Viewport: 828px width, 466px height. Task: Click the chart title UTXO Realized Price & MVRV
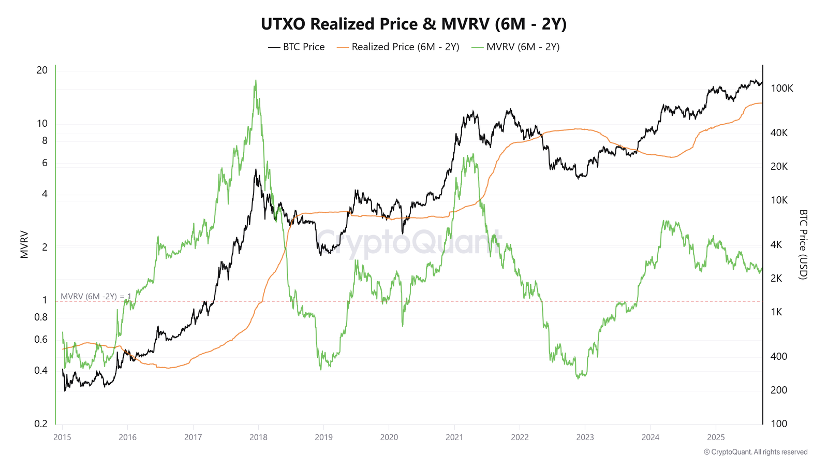coord(413,24)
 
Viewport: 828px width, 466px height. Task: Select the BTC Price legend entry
coord(297,47)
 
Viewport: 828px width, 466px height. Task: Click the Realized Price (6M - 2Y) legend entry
coord(398,47)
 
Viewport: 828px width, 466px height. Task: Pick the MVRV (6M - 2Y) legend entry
coord(515,47)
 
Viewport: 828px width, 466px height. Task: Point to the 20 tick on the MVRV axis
coord(42,70)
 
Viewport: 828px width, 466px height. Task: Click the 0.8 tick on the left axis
coord(41,317)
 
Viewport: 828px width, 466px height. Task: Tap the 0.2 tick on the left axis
coord(41,424)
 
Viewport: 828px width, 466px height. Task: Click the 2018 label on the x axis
coord(258,438)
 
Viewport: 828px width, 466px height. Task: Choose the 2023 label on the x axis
coord(585,438)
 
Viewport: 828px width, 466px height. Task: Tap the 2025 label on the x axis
coord(716,438)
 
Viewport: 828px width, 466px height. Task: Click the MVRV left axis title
coord(24,244)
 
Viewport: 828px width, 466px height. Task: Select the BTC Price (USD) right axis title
coord(803,244)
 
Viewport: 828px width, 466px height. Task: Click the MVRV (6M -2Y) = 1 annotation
coord(96,296)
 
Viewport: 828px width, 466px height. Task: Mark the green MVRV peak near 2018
coord(255,81)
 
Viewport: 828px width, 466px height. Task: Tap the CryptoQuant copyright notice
coord(756,452)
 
